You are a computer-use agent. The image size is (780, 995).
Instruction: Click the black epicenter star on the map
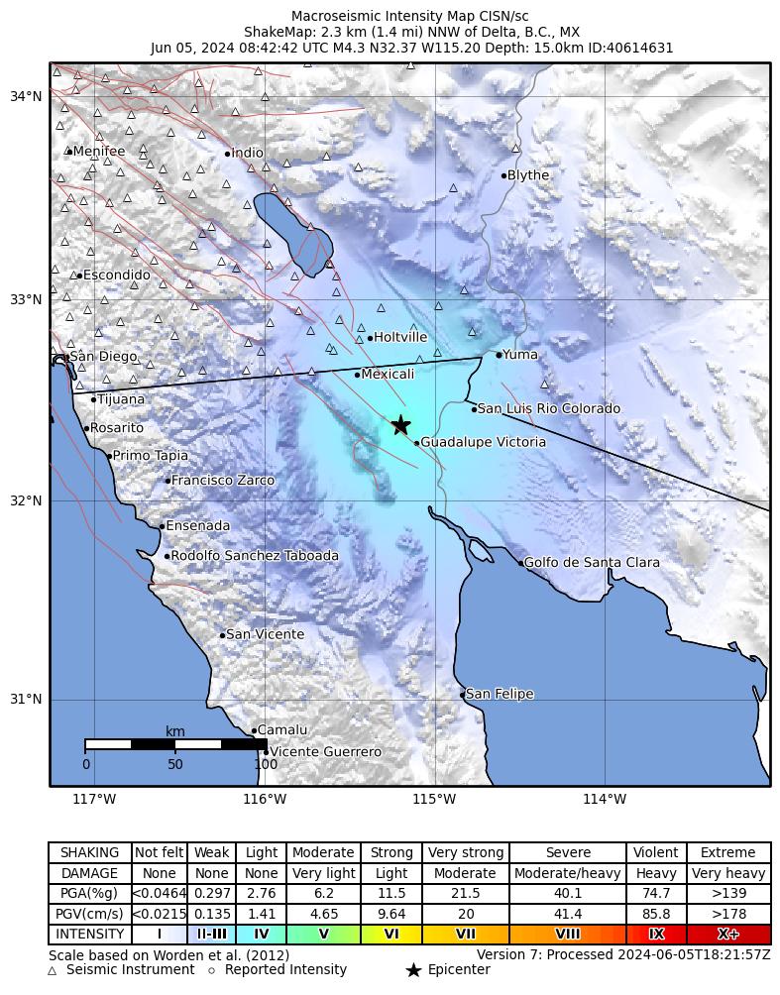click(x=400, y=424)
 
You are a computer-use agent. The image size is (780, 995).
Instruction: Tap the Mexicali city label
click(x=388, y=375)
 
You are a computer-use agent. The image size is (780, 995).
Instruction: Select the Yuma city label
click(x=519, y=355)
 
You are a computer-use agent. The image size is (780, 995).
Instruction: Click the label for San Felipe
click(x=500, y=694)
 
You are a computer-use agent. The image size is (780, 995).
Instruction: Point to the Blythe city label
click(x=527, y=175)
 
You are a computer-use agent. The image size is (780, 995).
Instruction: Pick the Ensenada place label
click(x=197, y=526)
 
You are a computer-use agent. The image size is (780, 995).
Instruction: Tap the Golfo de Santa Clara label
click(x=592, y=563)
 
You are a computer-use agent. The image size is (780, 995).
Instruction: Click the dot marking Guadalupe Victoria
click(x=416, y=442)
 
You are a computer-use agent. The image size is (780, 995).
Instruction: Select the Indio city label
click(x=247, y=153)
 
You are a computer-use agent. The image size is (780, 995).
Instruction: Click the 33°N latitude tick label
click(x=26, y=299)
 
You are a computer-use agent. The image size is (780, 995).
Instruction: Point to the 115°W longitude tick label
click(x=434, y=800)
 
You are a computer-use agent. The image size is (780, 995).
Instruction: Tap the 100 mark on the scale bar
click(x=266, y=764)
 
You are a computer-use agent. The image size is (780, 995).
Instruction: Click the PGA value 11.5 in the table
click(x=391, y=894)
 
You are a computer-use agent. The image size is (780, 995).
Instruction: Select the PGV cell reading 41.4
click(x=568, y=914)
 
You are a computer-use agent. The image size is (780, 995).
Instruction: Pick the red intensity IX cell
click(x=656, y=935)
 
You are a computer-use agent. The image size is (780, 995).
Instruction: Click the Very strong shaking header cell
click(x=465, y=853)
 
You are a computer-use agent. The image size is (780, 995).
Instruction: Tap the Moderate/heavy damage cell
click(x=568, y=874)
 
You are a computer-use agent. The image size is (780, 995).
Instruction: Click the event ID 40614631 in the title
click(x=641, y=48)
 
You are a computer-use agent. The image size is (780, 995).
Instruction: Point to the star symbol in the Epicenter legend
click(x=413, y=970)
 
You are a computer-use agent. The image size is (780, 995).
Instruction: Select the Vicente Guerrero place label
click(x=325, y=752)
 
